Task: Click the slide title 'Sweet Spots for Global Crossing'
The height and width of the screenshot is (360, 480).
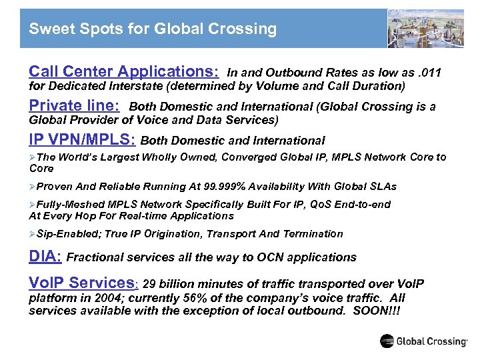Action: pos(153,29)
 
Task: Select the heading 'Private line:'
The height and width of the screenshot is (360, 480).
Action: pos(75,106)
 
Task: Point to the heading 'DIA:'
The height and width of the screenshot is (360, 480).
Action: pos(46,257)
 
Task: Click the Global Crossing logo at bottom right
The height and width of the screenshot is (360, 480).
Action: pos(423,341)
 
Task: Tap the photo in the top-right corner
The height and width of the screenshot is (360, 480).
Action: pos(425,28)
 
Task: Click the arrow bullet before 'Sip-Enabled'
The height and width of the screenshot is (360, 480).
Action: pos(33,234)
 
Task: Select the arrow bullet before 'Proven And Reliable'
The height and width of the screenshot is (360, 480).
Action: pos(33,187)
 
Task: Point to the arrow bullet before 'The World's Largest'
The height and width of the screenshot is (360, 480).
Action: pos(33,157)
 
